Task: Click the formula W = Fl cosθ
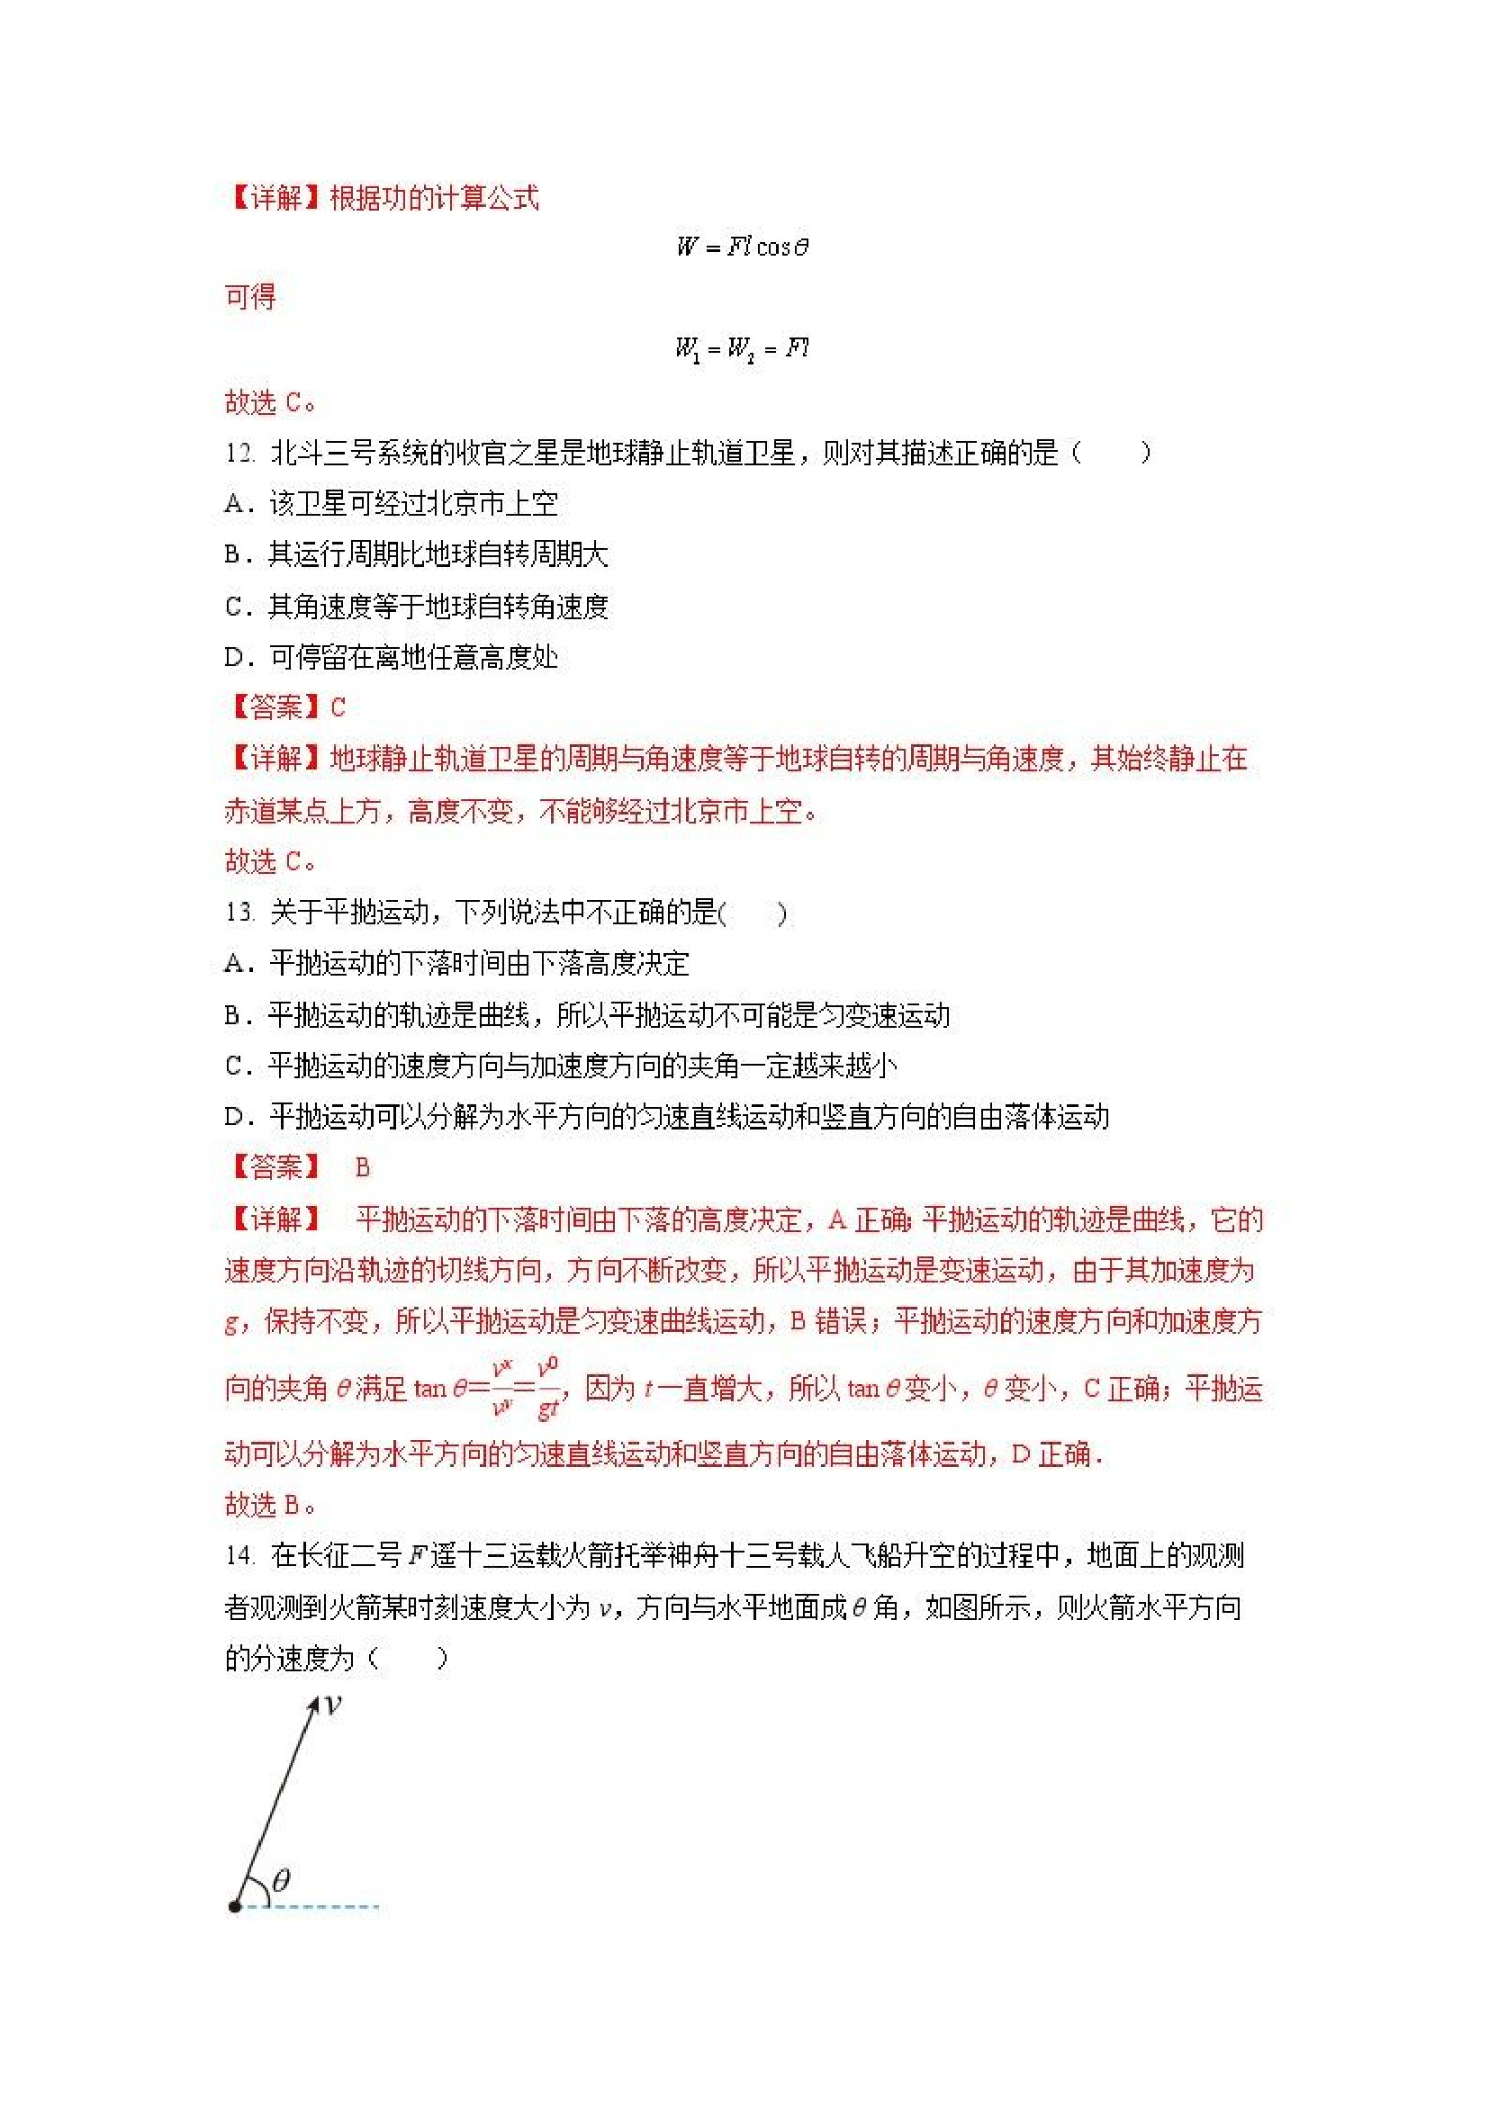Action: (742, 247)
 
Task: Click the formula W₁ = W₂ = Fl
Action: (742, 348)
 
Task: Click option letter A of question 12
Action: (235, 504)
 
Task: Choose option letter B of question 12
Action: (235, 554)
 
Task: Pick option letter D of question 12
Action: (235, 657)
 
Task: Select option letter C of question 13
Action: (235, 1065)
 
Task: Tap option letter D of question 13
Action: (235, 1116)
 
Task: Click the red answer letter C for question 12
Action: (338, 707)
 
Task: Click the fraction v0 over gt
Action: (547, 1389)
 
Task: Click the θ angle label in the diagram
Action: (282, 1879)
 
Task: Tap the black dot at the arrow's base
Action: (235, 1906)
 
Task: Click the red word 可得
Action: (250, 297)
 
